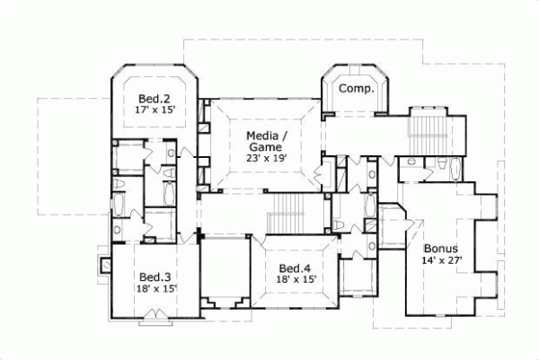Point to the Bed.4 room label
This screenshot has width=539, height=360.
click(x=295, y=268)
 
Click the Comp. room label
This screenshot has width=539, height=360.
click(x=355, y=89)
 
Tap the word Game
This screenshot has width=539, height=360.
click(x=266, y=146)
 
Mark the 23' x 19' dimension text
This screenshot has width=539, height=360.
click(x=267, y=158)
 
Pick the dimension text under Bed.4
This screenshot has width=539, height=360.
click(x=295, y=280)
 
